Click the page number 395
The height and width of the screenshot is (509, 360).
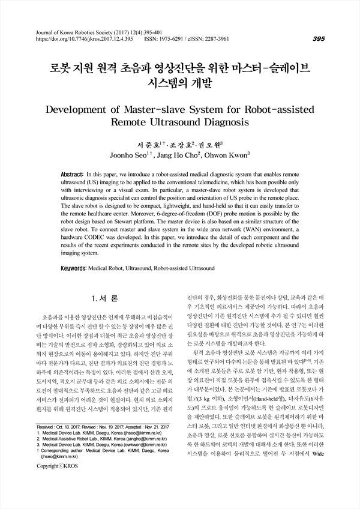(319, 38)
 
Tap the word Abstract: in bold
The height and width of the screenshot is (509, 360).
(73, 171)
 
